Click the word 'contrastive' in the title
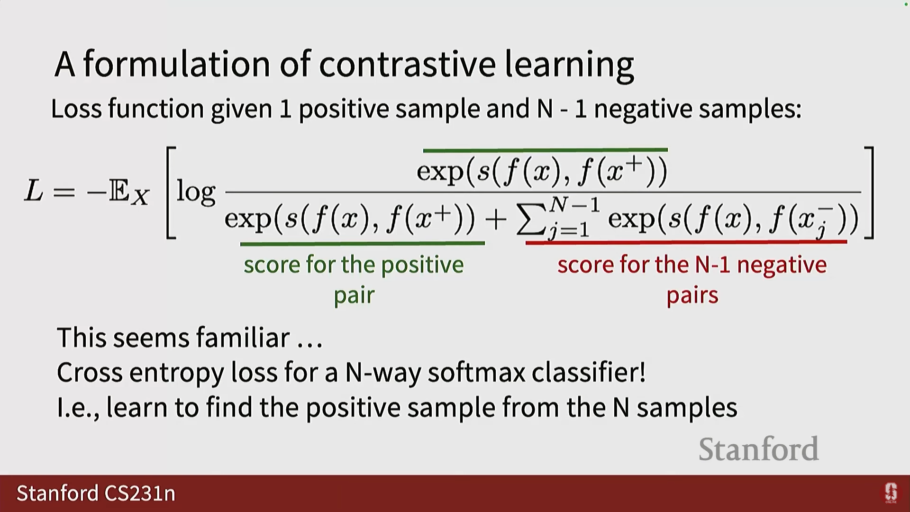tap(407, 64)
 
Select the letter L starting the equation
tap(34, 191)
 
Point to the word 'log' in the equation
tap(196, 192)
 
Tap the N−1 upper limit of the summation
tap(574, 205)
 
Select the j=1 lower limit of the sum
tap(569, 230)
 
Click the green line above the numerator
tap(545, 150)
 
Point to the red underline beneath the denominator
tap(686, 242)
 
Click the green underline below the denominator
tap(363, 244)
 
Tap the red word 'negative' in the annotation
tap(782, 265)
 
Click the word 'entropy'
tap(176, 373)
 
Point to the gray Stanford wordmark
tap(758, 449)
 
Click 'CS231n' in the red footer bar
tap(140, 493)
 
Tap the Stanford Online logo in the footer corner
tap(891, 493)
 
